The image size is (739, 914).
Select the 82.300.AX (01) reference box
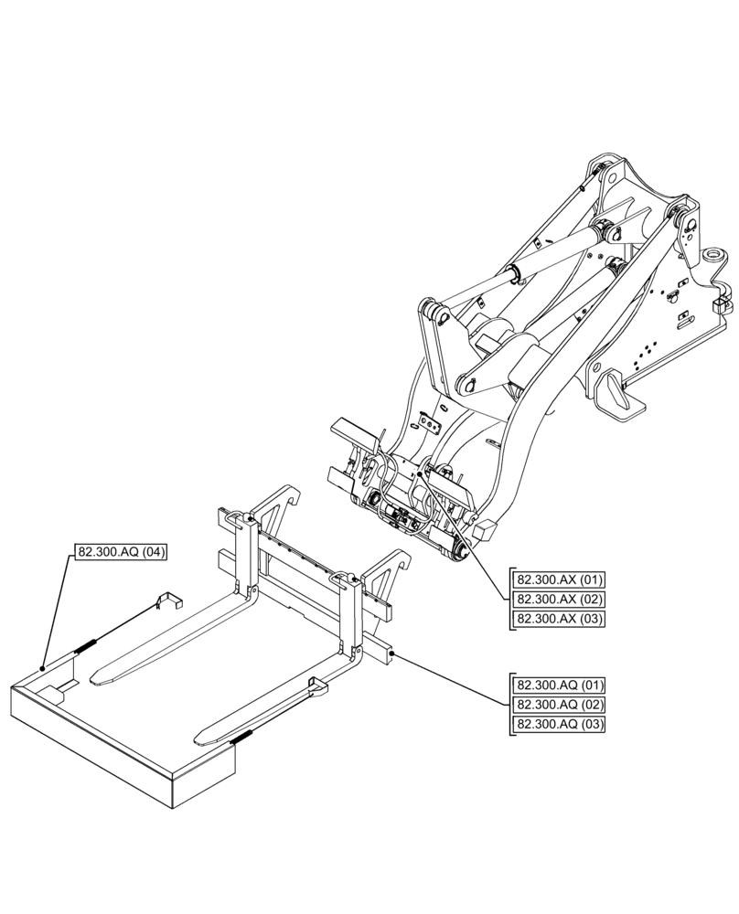pos(560,579)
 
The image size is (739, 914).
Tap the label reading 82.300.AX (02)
pos(560,599)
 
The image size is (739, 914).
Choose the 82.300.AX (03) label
pos(560,619)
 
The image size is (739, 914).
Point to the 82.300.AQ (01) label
pos(560,685)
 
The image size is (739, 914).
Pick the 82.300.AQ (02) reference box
pos(560,705)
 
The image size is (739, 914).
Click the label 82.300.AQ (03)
pos(560,725)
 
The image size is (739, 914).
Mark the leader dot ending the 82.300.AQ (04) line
pos(43,668)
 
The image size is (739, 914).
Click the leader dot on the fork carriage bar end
pos(391,654)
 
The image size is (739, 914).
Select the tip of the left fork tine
pos(95,677)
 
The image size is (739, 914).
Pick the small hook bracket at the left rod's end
pos(167,599)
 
